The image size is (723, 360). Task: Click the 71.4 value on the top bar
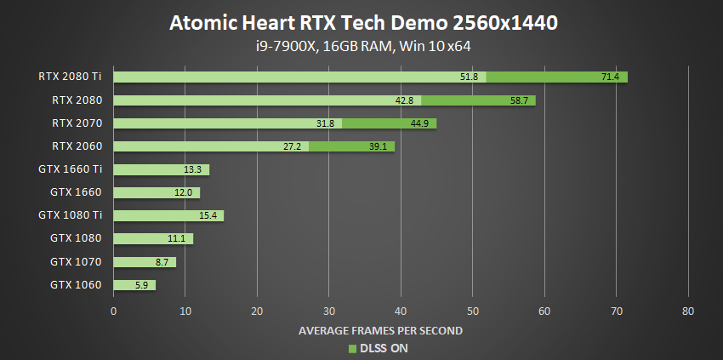tap(611, 77)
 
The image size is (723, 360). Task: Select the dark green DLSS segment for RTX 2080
tap(478, 100)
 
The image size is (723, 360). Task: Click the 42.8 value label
tap(404, 100)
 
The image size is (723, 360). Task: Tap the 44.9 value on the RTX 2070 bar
tap(420, 123)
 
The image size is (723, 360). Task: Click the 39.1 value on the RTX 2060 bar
tap(379, 146)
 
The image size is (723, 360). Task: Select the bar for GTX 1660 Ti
tap(161, 169)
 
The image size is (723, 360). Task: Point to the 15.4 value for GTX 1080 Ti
tap(208, 216)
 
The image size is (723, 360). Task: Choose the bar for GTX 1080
tap(153, 239)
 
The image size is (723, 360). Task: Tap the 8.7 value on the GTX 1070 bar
tap(161, 262)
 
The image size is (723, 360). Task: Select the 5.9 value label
tap(140, 285)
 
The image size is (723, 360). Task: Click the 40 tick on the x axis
tap(401, 311)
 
